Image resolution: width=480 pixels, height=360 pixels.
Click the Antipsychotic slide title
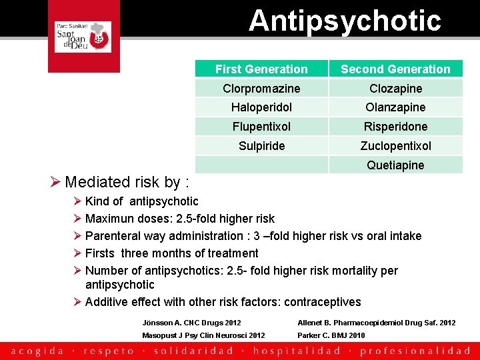(x=345, y=20)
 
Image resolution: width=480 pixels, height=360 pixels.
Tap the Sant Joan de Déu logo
(x=83, y=36)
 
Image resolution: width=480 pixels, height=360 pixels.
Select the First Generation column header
(x=261, y=69)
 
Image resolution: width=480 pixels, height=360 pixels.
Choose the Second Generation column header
(x=395, y=69)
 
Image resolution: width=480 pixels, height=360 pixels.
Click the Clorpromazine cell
(x=261, y=89)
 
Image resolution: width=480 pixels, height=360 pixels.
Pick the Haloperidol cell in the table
(x=261, y=107)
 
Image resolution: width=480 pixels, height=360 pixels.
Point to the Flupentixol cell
(x=261, y=127)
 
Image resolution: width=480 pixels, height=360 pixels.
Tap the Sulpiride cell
(x=261, y=146)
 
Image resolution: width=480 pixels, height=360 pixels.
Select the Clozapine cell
(x=395, y=89)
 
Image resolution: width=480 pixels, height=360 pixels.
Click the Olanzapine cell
(x=395, y=107)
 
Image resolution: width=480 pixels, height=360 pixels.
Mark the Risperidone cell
(x=395, y=127)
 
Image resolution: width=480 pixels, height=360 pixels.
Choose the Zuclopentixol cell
(x=395, y=146)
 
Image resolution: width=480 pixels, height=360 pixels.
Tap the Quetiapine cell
(x=395, y=165)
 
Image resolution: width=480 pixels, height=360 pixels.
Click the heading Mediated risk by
(x=127, y=182)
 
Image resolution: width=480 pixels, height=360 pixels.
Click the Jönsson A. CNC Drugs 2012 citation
(x=192, y=323)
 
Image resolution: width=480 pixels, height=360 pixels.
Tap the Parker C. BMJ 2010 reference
(x=331, y=335)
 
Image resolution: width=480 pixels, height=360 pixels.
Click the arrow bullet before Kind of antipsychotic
(x=77, y=201)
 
